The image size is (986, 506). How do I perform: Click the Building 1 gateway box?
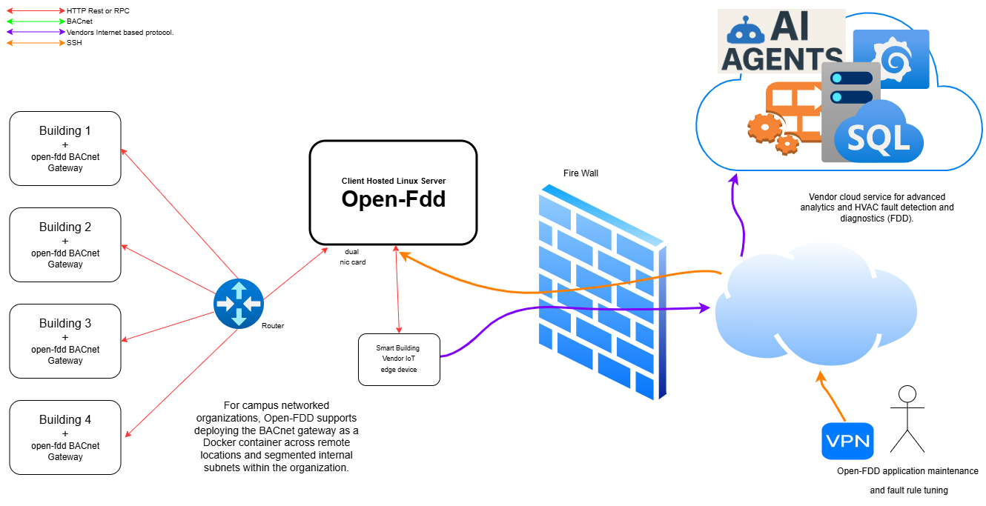65,148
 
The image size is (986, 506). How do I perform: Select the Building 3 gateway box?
65,341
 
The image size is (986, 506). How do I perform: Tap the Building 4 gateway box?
65,437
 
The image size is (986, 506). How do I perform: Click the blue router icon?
238,304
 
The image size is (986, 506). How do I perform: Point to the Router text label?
273,326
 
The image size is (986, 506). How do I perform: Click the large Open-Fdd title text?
393,199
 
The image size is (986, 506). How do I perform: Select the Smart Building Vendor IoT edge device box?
399,359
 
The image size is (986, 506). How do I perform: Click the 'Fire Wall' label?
580,173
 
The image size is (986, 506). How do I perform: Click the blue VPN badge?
847,442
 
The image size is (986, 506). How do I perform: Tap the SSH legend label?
74,43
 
